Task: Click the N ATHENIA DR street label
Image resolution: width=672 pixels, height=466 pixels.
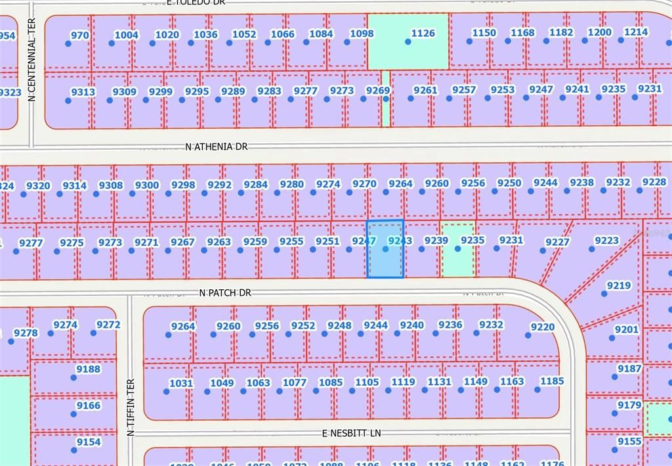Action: pos(217,147)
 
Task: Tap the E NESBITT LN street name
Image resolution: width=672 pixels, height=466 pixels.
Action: pos(352,433)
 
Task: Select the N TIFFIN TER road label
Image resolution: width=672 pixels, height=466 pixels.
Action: pos(131,407)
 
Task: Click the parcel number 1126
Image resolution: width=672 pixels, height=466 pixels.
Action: pos(423,33)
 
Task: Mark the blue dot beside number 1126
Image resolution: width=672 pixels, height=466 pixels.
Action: pos(408,41)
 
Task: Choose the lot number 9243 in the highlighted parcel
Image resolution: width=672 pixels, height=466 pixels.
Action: pos(400,241)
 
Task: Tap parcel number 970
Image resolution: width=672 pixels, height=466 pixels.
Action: pos(79,35)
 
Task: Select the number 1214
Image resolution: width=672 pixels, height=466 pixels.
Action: pos(636,32)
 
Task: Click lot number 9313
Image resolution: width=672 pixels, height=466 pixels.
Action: pos(83,92)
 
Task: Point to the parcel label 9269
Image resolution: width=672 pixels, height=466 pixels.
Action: pos(378,91)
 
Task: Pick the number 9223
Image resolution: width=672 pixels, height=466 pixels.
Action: pos(606,241)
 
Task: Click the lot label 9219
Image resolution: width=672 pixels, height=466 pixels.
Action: pos(618,286)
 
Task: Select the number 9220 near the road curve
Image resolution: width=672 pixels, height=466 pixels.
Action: pos(542,327)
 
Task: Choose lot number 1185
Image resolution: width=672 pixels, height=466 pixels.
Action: pos(552,381)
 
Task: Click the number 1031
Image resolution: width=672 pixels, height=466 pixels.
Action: pos(181,383)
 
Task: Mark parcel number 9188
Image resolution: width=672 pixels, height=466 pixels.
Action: pos(89,369)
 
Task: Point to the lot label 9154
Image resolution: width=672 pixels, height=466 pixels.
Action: pos(89,442)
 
